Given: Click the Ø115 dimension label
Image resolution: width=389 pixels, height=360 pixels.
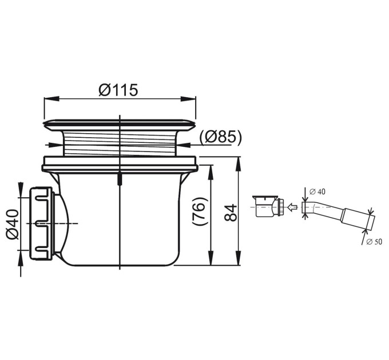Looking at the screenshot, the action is [118, 90].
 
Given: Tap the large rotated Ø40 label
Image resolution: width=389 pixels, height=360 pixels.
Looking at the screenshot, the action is [13, 225].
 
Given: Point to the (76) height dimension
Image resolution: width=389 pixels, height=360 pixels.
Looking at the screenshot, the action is [200, 211].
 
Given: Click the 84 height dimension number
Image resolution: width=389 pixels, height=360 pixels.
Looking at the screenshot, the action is [231, 213].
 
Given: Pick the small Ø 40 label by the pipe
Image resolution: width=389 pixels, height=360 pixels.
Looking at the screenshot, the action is [317, 191].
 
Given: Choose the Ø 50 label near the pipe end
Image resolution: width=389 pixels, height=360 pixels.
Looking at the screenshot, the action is [374, 242].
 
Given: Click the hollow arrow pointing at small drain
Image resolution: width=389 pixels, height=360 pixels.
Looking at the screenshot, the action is [292, 206].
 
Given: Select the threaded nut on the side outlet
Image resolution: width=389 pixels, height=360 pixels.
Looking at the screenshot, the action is [41, 224].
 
